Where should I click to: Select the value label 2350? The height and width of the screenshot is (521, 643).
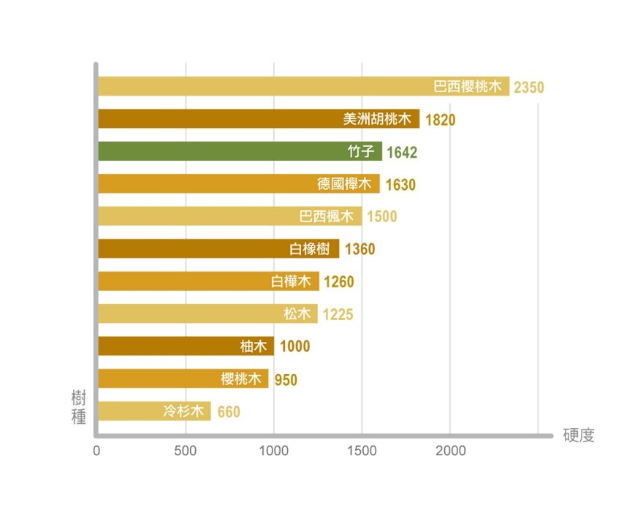pos(529,87)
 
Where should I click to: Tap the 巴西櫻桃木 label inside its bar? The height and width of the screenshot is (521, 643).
pos(468,87)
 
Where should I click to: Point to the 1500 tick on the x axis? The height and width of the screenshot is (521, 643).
pos(362,452)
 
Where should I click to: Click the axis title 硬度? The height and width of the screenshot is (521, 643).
pos(579,436)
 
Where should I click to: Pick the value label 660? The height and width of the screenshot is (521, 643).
pos(228,412)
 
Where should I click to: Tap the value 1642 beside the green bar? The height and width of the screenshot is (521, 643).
pos(401,152)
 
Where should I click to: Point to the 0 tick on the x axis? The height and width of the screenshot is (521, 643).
pos(96,452)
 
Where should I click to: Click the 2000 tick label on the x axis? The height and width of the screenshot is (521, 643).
pos(449,452)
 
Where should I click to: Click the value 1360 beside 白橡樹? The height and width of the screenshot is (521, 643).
pos(359,249)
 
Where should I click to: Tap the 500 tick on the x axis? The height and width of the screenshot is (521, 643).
pos(186,452)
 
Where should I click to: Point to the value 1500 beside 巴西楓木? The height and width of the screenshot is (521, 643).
pos(381,217)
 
